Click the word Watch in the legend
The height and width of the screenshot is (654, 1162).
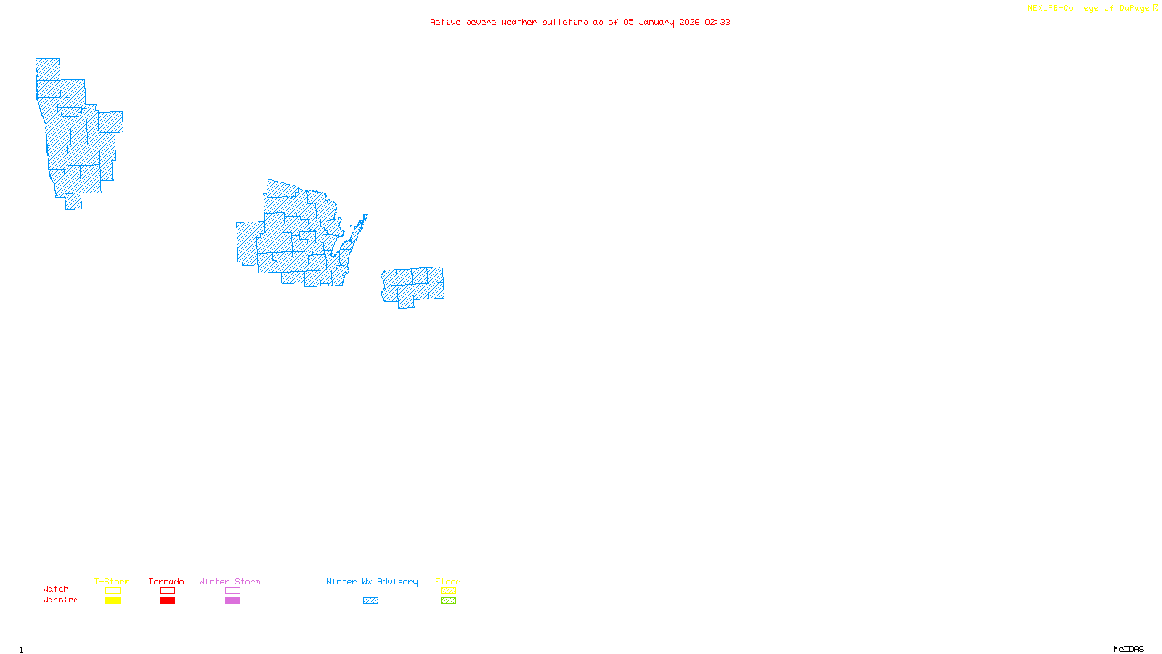[56, 589]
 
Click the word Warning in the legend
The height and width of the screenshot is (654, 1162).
[60, 600]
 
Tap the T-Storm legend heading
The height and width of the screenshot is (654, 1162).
[112, 581]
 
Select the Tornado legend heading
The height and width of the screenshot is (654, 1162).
[166, 581]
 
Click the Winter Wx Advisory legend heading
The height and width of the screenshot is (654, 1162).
[372, 581]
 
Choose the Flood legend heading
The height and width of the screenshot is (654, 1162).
[448, 581]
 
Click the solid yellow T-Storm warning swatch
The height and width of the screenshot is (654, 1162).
[113, 601]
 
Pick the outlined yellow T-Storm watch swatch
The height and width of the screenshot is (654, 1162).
[113, 591]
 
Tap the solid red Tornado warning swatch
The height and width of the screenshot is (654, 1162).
[167, 601]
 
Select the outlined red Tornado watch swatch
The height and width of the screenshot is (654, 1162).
[167, 591]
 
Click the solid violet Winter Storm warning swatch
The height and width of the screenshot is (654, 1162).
[232, 601]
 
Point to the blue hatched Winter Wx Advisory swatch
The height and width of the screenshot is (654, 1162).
[370, 601]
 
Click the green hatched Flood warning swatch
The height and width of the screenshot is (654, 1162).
[448, 601]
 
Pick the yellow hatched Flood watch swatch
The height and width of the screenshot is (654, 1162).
[448, 591]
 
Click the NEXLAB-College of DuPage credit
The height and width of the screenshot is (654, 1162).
[1092, 9]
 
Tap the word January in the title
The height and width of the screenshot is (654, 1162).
[657, 22]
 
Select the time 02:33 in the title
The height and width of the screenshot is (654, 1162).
[718, 22]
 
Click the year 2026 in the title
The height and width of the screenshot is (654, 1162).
[690, 22]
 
